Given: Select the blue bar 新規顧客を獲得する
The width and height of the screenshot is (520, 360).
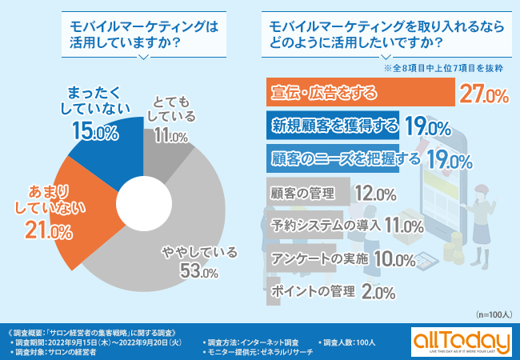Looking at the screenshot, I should (x=335, y=126).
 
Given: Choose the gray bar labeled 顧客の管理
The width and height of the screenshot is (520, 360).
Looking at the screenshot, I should (x=305, y=193).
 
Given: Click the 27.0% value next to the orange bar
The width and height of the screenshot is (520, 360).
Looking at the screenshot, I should (x=484, y=95).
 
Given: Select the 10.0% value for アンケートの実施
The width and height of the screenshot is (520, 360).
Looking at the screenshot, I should (x=394, y=259).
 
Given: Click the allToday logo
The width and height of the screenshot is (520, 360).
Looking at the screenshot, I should (x=462, y=340).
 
